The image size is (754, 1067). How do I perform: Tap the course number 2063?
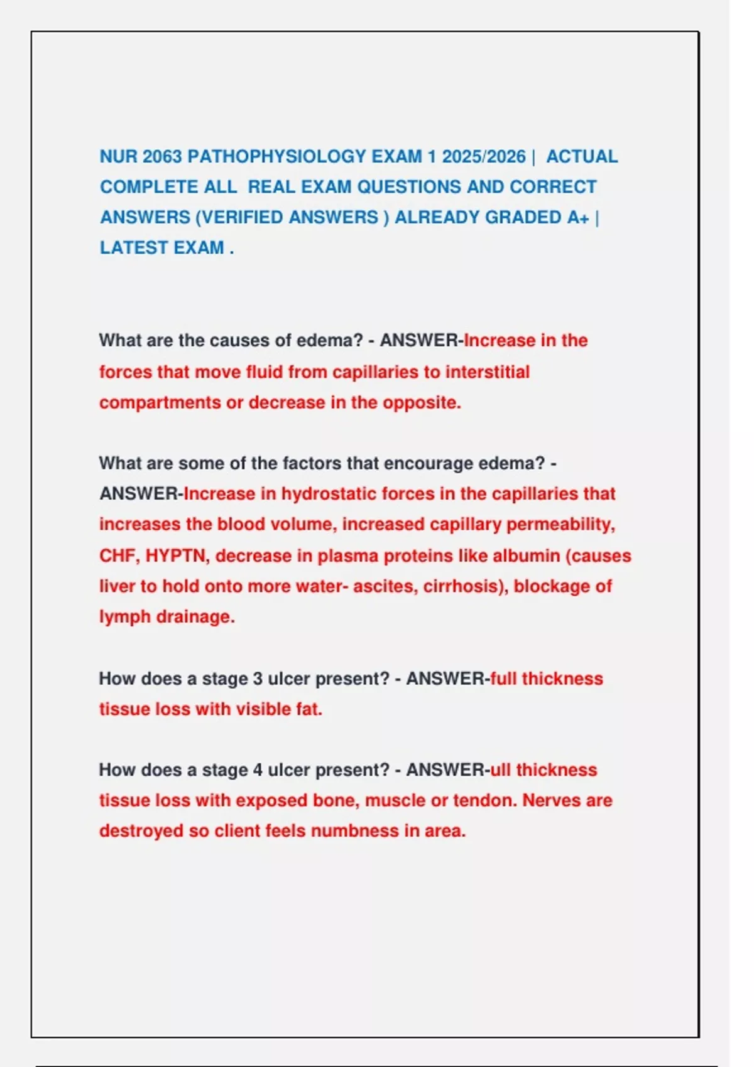click(x=162, y=156)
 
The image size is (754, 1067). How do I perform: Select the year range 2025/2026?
click(x=483, y=156)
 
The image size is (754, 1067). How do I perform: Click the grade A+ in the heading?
click(x=577, y=217)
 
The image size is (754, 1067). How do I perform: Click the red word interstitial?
click(x=487, y=372)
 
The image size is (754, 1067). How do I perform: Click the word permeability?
click(x=560, y=524)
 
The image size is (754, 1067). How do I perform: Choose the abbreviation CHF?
click(x=119, y=555)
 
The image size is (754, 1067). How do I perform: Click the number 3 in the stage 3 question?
click(x=258, y=678)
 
